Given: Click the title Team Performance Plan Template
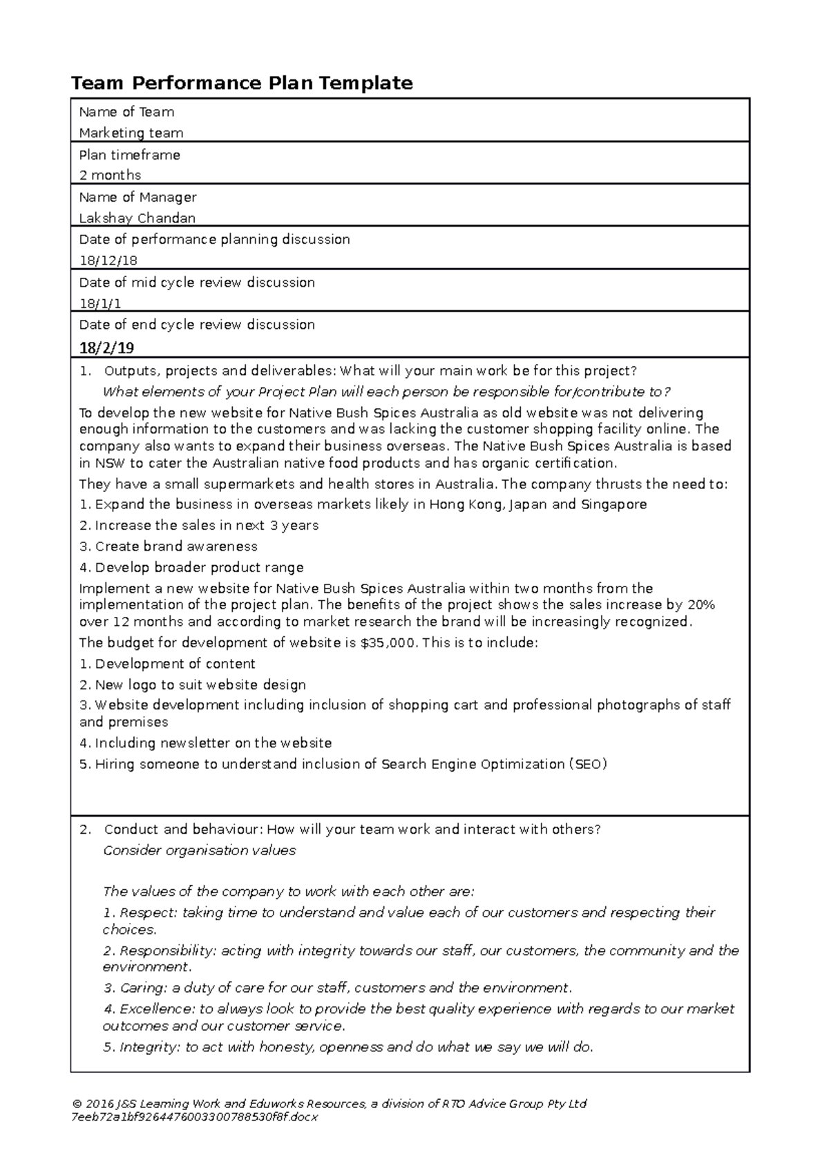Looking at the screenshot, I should [242, 84].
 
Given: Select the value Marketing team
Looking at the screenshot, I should [131, 133].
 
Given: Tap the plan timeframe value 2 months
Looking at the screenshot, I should [110, 175].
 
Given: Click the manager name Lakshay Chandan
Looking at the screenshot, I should [137, 218].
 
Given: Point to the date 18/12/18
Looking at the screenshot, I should [108, 260].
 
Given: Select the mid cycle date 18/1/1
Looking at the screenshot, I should [100, 303].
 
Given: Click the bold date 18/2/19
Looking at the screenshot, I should [106, 347].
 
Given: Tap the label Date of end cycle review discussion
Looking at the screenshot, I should [197, 325].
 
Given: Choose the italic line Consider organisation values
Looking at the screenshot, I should [199, 850].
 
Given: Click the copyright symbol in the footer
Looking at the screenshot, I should [75, 1104].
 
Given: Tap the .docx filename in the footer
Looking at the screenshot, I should [194, 1117].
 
